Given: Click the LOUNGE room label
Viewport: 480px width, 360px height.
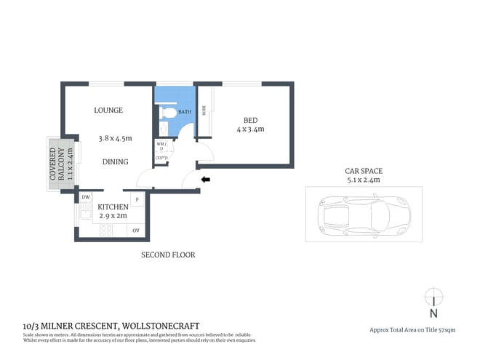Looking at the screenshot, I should pyautogui.click(x=108, y=111).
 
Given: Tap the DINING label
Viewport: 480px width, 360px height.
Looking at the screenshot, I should pyautogui.click(x=115, y=161).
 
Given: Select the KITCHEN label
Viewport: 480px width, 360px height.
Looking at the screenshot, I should pyautogui.click(x=113, y=207).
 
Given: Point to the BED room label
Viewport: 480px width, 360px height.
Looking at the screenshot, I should pyautogui.click(x=250, y=120).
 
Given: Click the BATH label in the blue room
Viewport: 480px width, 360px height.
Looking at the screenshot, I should pyautogui.click(x=185, y=112).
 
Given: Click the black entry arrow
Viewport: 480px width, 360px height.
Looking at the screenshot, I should pyautogui.click(x=206, y=179).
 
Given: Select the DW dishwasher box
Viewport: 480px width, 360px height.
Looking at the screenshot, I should pyautogui.click(x=85, y=197).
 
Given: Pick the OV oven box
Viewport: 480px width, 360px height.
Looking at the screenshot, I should pyautogui.click(x=136, y=231).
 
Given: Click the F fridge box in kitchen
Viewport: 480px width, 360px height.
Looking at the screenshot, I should pyautogui.click(x=136, y=199).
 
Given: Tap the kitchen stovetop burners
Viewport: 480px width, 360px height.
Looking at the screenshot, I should pyautogui.click(x=105, y=231).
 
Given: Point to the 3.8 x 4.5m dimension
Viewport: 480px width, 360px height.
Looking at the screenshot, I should pyautogui.click(x=115, y=137).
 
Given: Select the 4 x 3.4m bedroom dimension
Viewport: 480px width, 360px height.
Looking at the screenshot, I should pyautogui.click(x=250, y=129).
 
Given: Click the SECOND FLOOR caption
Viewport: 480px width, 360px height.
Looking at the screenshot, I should pyautogui.click(x=168, y=255).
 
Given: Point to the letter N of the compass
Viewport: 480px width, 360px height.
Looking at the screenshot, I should pyautogui.click(x=433, y=314).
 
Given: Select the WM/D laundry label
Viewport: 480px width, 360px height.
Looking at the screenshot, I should pyautogui.click(x=161, y=146).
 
